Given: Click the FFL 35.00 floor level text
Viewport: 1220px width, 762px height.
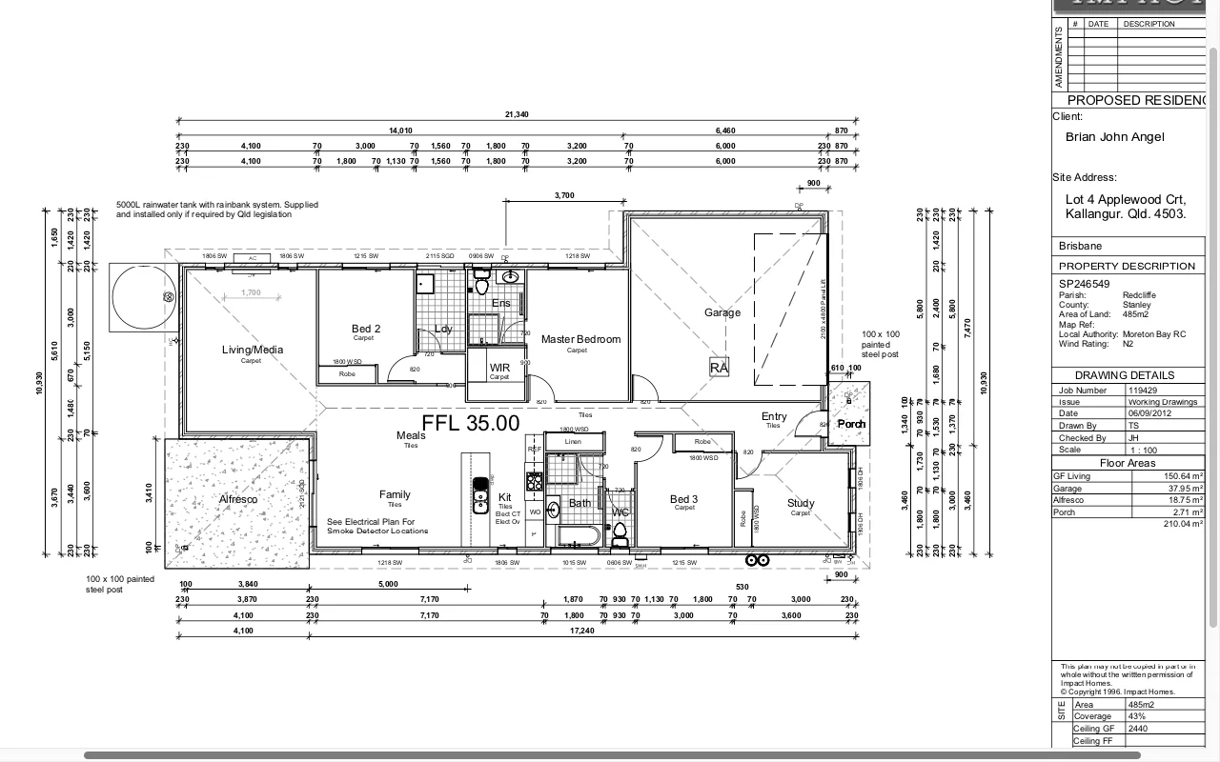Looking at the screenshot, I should click(x=471, y=423).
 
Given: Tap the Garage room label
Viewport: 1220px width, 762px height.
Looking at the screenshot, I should click(x=722, y=312).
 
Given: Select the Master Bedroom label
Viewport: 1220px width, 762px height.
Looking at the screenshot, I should click(x=580, y=339).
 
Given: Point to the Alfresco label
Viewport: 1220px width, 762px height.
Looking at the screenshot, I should click(x=238, y=499).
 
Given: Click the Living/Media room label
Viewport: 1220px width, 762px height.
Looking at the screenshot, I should click(x=252, y=350).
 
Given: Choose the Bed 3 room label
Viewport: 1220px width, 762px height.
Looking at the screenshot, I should click(x=683, y=499).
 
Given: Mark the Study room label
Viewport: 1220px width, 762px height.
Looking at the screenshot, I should click(x=801, y=503).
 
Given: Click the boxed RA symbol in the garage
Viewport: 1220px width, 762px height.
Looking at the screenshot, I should click(x=719, y=367).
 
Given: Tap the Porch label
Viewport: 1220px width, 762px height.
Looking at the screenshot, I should click(x=850, y=424).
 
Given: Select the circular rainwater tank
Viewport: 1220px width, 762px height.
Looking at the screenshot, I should click(x=144, y=297).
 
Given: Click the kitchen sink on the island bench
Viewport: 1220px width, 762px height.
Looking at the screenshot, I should click(x=479, y=495).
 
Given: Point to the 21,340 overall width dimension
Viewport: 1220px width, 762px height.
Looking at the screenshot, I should click(x=516, y=114).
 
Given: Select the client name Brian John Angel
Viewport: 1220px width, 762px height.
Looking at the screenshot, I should click(x=1114, y=137).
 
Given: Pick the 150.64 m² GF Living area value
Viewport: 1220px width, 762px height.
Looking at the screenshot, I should click(x=1183, y=475).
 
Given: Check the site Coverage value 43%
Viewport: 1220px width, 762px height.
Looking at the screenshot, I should click(x=1139, y=716).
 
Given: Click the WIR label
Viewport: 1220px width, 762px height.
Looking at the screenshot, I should click(x=499, y=367).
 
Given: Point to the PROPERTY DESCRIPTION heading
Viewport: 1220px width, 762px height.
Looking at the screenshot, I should click(x=1126, y=266).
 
